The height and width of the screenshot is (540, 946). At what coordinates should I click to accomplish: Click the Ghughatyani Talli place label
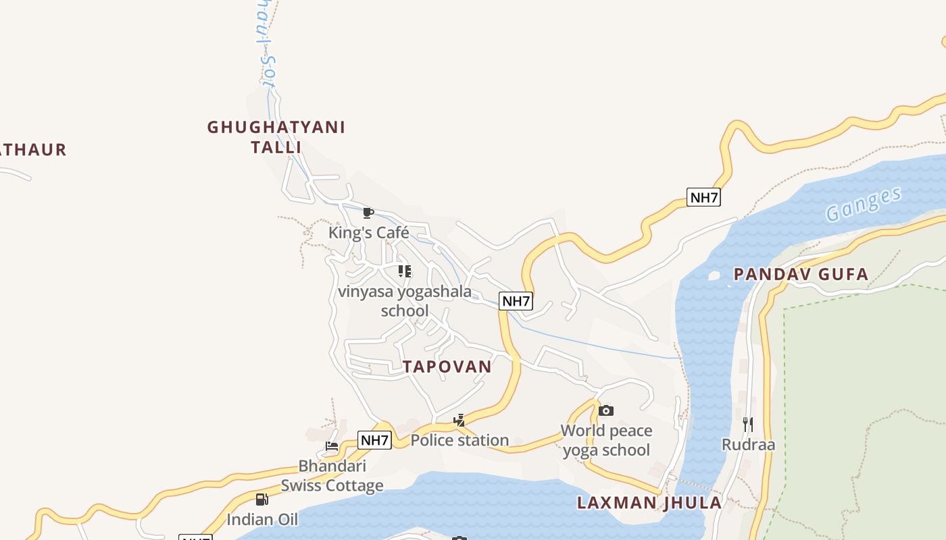(x=276, y=137)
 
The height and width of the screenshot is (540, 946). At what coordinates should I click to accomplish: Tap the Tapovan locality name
(x=447, y=367)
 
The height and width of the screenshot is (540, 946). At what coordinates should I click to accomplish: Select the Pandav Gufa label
(x=801, y=274)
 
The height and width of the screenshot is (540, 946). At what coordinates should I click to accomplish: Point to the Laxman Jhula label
(x=649, y=503)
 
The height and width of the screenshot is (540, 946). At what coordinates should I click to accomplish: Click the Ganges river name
(x=864, y=205)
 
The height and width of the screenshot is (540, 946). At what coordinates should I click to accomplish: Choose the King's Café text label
(x=368, y=233)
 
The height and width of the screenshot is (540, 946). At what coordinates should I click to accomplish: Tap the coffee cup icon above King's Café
(x=368, y=213)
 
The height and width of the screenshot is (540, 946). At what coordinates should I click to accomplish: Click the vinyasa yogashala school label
(x=405, y=301)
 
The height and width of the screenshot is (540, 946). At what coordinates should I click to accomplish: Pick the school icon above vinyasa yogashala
(x=404, y=271)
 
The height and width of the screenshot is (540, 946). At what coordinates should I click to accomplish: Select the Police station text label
(x=459, y=441)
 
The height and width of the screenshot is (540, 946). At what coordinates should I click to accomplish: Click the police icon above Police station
(x=459, y=421)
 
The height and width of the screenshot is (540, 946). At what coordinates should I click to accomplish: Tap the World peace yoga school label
(x=606, y=440)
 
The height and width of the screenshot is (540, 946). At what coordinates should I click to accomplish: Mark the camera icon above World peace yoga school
(x=606, y=410)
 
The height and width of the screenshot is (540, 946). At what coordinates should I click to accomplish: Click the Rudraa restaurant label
(x=748, y=445)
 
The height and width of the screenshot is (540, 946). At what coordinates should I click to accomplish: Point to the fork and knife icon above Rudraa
(x=748, y=425)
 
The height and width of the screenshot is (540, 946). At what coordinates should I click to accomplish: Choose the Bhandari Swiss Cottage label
(x=332, y=476)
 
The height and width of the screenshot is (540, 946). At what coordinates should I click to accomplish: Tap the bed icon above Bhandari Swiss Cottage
(x=332, y=446)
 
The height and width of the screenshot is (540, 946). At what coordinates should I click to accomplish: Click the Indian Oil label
(x=262, y=520)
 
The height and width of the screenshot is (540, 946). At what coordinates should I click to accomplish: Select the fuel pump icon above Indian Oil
(x=262, y=500)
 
